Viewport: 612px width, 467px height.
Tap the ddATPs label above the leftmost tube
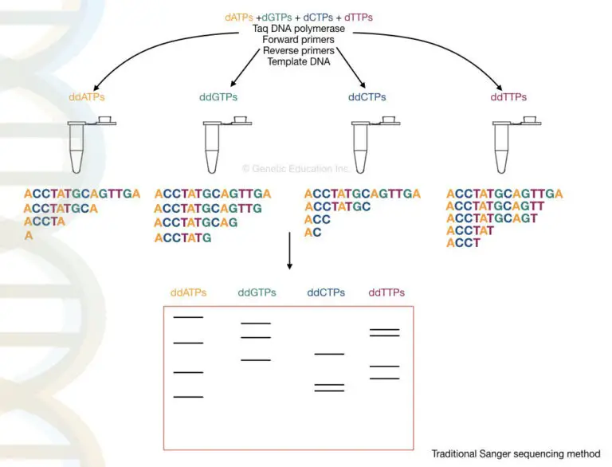click(88, 97)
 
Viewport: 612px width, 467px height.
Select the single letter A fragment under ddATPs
click(29, 236)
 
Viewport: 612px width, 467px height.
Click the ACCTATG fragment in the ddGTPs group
click(183, 237)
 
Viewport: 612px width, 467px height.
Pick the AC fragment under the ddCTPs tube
click(313, 233)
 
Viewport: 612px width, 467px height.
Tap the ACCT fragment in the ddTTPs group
click(463, 243)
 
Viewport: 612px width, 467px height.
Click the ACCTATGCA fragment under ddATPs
click(61, 208)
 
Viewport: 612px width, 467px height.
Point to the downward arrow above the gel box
click(289, 251)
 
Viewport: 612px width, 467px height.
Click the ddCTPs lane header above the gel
click(326, 292)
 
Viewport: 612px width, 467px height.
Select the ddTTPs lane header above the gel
click(386, 292)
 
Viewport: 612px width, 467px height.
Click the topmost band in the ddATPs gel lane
click(188, 317)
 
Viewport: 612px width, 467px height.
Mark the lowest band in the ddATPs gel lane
click(188, 396)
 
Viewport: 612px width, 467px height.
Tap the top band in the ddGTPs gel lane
click(256, 324)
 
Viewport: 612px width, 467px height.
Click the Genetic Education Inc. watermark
click(296, 169)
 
